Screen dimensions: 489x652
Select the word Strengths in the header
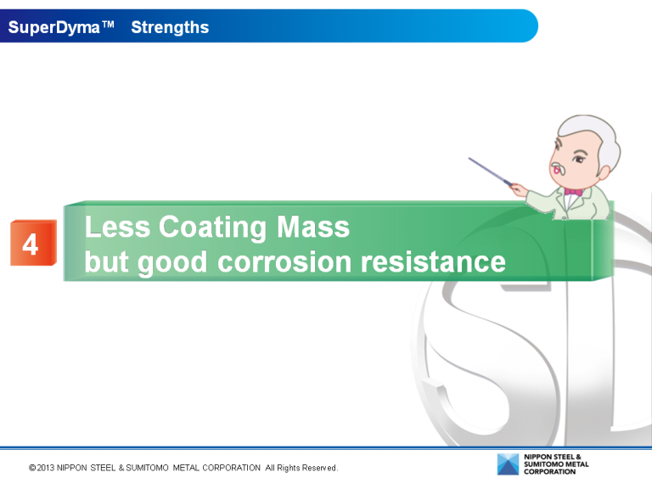[x=170, y=27]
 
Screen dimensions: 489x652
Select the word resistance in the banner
[x=433, y=262]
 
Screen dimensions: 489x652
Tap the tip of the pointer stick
[x=469, y=158]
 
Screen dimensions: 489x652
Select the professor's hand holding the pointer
[x=517, y=186]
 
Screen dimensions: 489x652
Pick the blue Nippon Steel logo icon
[x=508, y=464]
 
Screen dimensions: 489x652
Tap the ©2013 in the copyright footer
[x=41, y=468]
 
